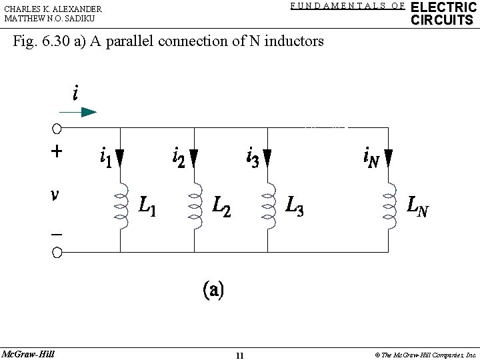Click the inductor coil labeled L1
coord(121,206)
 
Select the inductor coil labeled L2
coord(194,206)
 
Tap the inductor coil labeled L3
coord(267,206)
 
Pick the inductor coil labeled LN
coord(388,206)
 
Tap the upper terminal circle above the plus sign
coord(57,128)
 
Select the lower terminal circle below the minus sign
coord(57,252)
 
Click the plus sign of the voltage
coord(57,151)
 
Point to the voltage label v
coord(57,195)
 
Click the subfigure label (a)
coord(213,290)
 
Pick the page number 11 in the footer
coord(239,355)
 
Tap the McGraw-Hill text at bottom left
coord(27,353)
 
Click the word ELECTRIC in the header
coord(443,7)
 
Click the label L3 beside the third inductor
coord(294,206)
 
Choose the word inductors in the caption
coord(295,41)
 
